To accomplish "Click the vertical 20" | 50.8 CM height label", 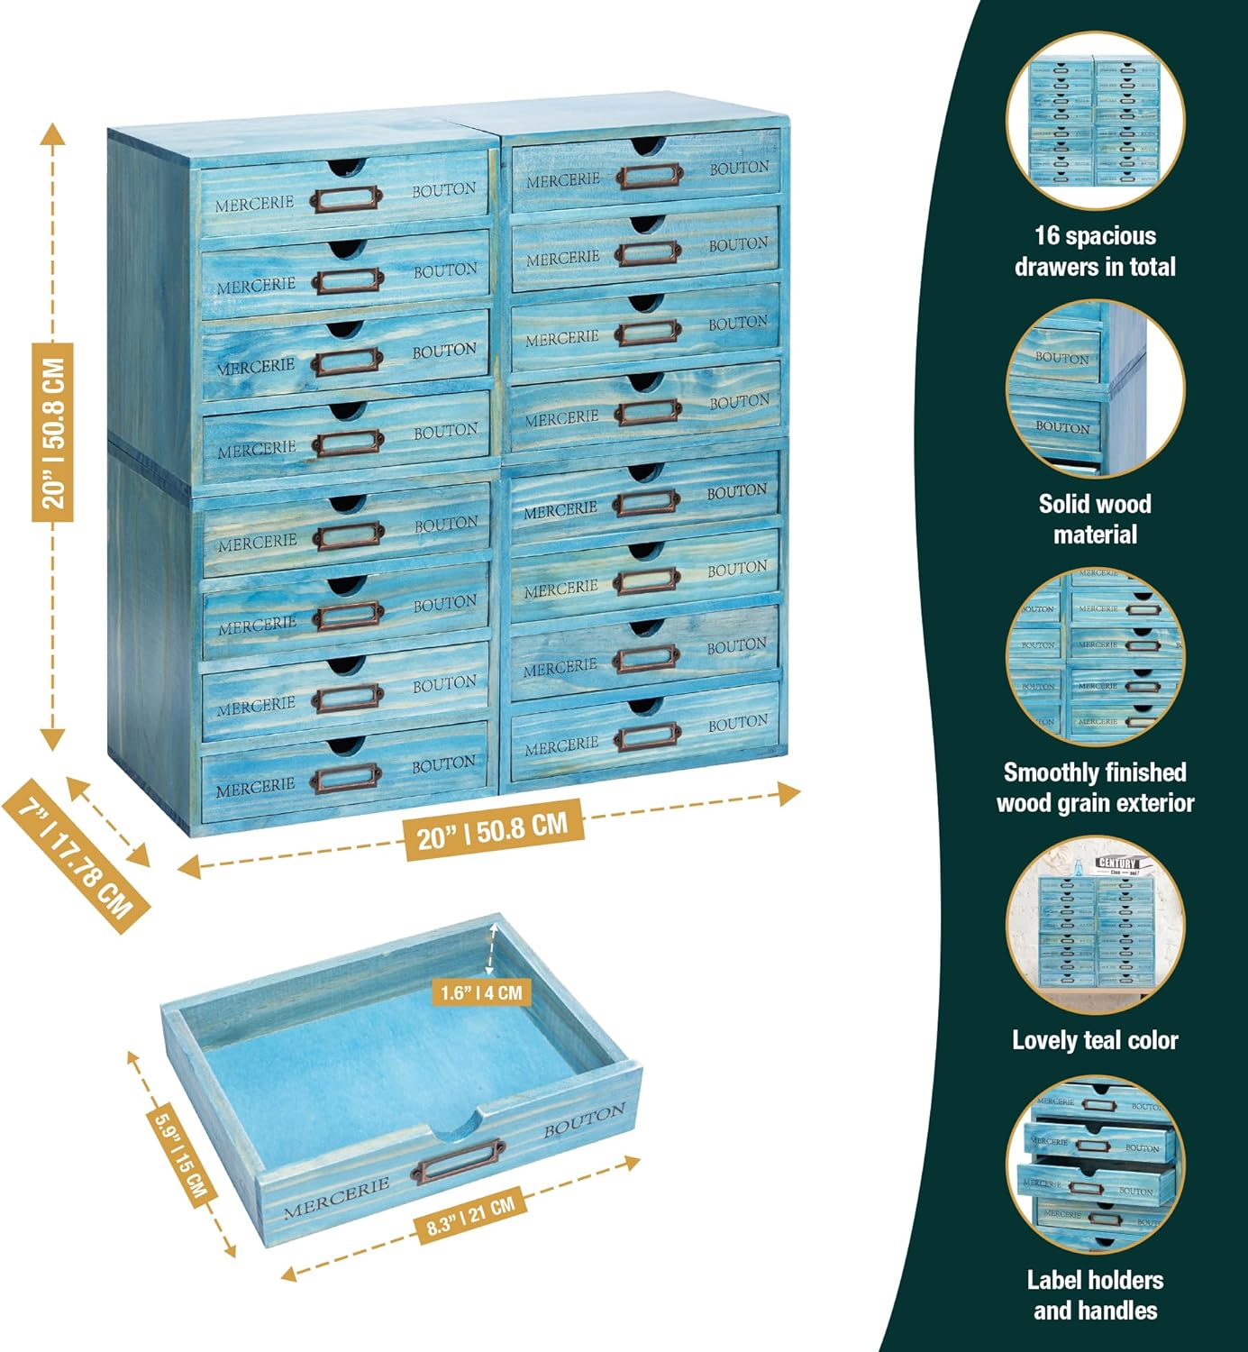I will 52,433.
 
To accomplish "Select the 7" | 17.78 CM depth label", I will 76,855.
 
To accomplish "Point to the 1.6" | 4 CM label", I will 481,992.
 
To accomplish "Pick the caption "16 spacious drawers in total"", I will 1095,251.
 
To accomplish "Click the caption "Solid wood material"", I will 1095,519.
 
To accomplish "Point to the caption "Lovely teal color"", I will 1095,1040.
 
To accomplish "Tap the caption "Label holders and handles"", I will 1095,1295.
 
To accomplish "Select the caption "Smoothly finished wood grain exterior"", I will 1095,788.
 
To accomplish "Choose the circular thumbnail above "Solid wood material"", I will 1095,389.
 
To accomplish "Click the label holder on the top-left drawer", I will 346,198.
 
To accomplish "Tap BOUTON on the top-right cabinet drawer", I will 739,168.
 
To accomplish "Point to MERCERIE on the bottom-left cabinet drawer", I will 255,787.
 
